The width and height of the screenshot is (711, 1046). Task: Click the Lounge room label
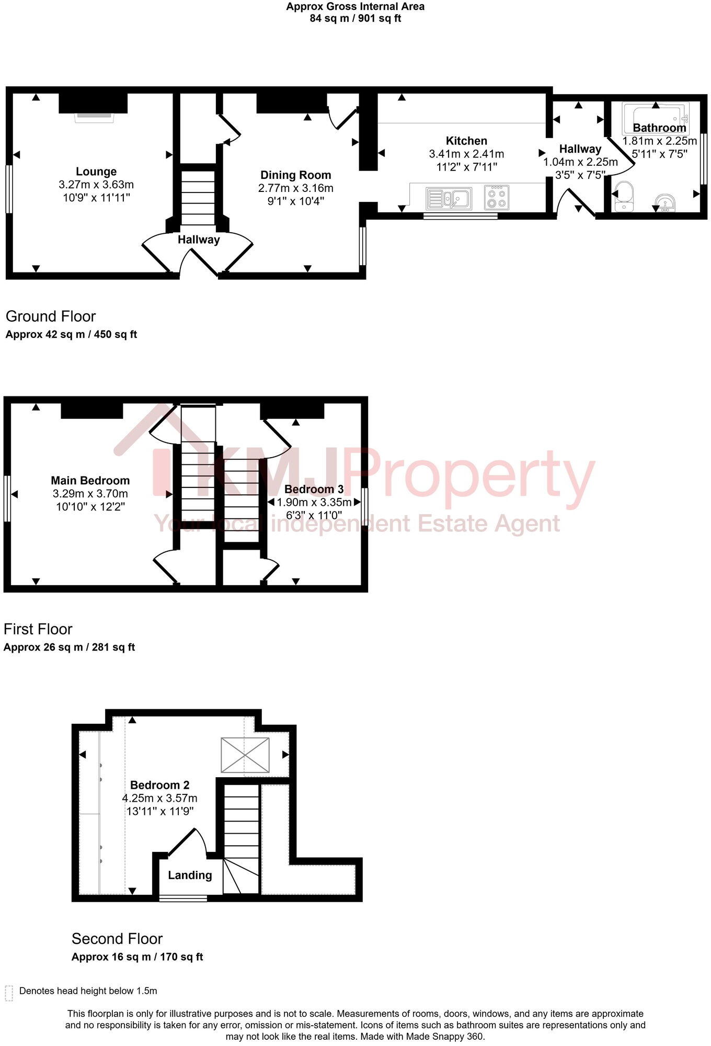point(96,172)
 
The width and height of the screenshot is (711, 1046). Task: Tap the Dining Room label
point(295,175)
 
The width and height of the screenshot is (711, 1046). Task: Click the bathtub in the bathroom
point(656,118)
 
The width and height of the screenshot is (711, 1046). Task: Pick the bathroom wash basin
point(665,202)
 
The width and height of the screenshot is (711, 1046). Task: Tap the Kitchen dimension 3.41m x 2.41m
point(466,154)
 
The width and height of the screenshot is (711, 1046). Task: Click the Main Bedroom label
point(90,481)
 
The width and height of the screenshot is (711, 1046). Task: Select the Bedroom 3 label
point(314,490)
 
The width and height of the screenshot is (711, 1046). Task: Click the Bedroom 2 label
point(159,785)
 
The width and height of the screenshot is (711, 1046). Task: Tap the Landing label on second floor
point(190,876)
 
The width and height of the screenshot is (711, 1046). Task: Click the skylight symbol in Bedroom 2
point(245,755)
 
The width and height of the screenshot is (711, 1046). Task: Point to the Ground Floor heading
point(51,316)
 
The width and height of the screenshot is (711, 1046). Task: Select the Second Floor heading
point(117,939)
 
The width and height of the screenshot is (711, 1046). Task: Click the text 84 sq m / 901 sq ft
point(355,18)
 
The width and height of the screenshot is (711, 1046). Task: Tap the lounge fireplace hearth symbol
point(94,118)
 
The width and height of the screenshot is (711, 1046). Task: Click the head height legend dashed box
point(9,993)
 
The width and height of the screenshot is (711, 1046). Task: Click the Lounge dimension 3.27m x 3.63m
point(96,185)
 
